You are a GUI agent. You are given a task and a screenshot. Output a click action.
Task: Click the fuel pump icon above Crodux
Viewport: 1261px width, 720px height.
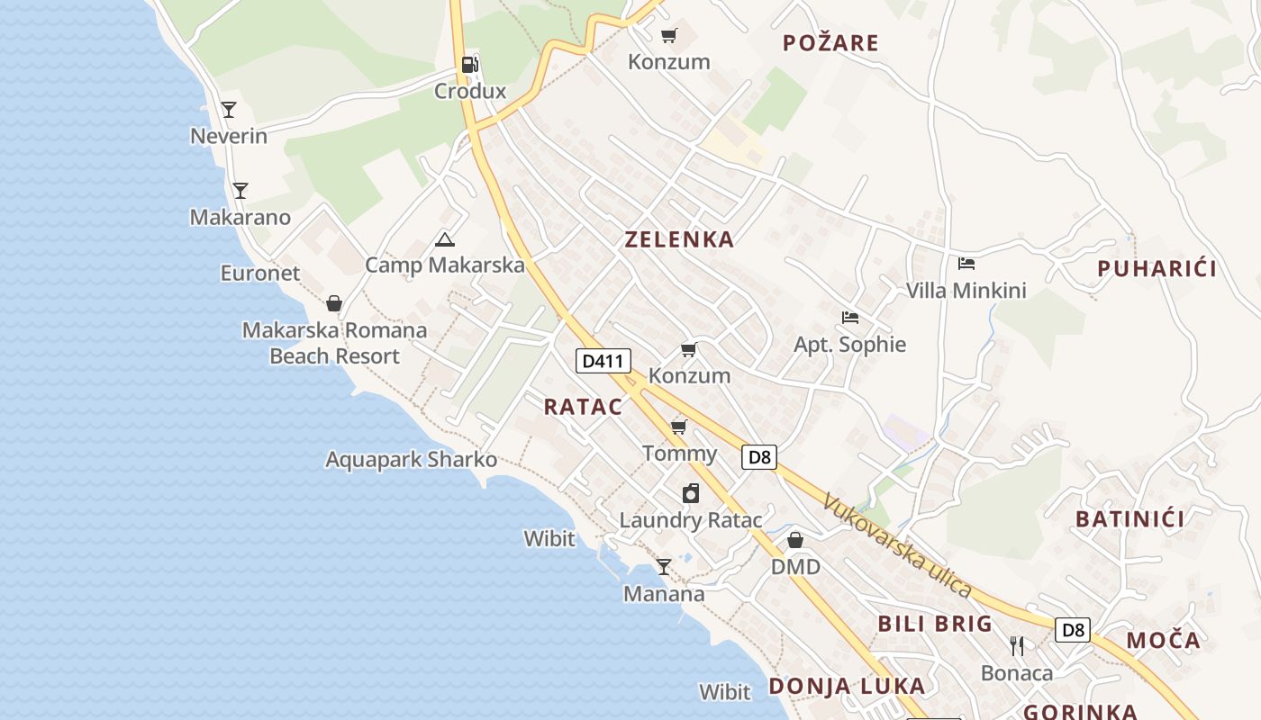(469, 65)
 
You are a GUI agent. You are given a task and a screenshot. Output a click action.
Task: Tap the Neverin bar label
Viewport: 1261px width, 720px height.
(229, 136)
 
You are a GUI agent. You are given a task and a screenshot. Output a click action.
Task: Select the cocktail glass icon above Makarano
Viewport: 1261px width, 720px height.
(240, 190)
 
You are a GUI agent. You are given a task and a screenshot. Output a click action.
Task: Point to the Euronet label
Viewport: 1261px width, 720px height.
(260, 273)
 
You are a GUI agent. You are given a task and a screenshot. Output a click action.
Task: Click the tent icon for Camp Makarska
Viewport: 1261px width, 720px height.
(444, 239)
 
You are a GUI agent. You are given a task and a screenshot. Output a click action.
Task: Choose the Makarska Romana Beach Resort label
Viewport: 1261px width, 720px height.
(334, 343)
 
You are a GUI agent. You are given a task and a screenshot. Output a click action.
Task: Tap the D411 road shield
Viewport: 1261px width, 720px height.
(603, 361)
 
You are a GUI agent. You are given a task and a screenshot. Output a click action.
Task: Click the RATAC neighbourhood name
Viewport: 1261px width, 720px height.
(583, 407)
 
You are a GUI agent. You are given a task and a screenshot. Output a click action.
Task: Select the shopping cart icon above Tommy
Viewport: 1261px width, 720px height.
(678, 427)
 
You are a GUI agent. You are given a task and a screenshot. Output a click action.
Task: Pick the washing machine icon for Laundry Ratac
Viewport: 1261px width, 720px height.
(691, 493)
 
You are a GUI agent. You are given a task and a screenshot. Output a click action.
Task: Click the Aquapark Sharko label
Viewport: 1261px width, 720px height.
(411, 459)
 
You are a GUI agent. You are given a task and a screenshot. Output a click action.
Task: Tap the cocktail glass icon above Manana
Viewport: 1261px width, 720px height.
(664, 566)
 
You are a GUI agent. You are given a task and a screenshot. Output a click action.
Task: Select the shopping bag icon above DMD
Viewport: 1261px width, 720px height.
(795, 540)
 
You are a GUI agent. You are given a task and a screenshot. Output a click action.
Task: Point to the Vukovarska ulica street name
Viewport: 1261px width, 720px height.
(897, 546)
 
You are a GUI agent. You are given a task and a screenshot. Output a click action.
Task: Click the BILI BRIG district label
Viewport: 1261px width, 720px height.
(935, 624)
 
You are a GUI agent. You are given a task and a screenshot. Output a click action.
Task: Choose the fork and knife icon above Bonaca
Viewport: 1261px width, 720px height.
(1017, 645)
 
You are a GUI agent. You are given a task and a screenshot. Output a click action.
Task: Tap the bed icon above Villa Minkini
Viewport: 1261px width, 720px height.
(966, 264)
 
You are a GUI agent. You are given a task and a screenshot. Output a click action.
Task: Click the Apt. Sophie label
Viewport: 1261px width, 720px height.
(849, 344)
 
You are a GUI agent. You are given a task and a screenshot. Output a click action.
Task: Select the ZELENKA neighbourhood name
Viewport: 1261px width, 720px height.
(679, 239)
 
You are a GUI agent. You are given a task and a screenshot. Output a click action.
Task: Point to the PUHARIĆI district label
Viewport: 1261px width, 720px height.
(1157, 268)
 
